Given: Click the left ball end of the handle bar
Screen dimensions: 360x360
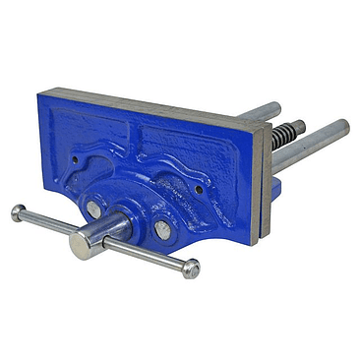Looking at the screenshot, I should [18, 210].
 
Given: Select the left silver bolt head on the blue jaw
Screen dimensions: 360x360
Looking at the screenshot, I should [92, 209].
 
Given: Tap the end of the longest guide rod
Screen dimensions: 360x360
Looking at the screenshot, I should [340, 128].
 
